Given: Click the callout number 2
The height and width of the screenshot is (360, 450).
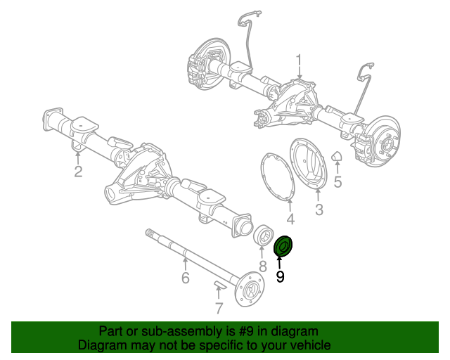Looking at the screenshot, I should coord(78,172).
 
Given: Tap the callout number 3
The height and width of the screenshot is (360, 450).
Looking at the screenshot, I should coord(319,210).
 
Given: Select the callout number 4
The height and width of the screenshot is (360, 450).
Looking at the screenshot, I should coord(290,219).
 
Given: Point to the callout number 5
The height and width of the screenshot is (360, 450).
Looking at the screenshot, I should coord(337,183).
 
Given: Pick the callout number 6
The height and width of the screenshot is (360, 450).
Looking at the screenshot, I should coord(185,278).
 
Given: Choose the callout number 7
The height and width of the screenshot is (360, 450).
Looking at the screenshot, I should coord(219,308).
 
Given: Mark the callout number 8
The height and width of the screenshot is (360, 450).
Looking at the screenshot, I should coord(262,266).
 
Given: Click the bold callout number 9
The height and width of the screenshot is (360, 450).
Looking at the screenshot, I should coord(281,277).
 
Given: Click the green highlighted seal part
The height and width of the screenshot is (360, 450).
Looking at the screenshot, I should coord(285,247).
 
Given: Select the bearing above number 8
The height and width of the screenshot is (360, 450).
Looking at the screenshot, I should coord(264,238).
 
